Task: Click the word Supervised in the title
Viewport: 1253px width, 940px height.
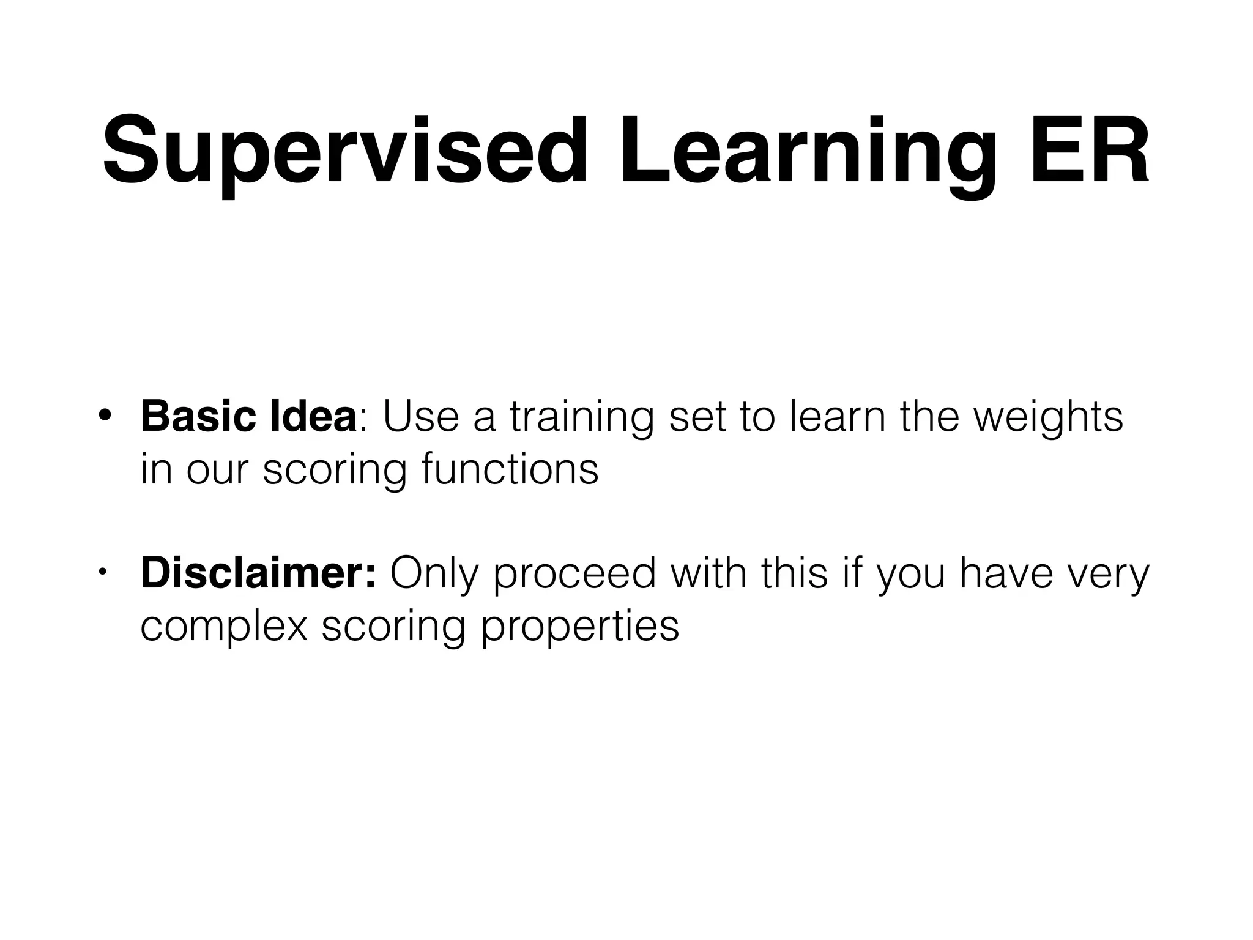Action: click(x=345, y=151)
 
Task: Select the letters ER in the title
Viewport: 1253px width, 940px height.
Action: click(x=1088, y=151)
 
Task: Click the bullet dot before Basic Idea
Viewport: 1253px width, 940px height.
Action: click(x=105, y=416)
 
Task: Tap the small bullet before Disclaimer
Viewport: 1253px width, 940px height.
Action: click(x=103, y=573)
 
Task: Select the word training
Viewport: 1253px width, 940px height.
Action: click(x=581, y=417)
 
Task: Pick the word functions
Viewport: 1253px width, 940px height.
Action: click(x=510, y=469)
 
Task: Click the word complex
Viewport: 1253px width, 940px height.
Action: click(x=224, y=625)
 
